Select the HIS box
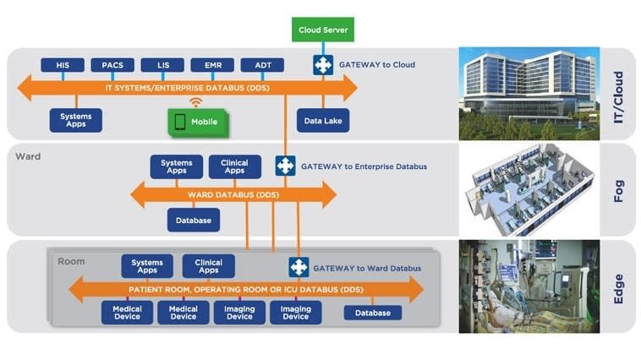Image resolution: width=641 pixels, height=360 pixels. coord(63,65)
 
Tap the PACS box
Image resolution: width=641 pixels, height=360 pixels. coord(112,65)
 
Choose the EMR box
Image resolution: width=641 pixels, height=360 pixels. coord(212,65)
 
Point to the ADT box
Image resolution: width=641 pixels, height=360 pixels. coord(262,65)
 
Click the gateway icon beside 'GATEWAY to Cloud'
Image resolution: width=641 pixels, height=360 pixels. coord(323,64)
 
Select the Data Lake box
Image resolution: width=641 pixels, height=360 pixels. coord(323,121)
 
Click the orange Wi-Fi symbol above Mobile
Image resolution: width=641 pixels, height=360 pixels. coord(196,102)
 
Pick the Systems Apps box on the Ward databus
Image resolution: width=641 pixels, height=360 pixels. coord(176,166)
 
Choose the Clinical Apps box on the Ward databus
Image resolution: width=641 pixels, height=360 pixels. coord(234,166)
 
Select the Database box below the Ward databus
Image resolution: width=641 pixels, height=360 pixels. coord(194,220)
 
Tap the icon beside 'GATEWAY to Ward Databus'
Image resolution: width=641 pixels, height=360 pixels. coord(299,267)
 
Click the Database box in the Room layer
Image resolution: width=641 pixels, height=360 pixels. coord(373,313)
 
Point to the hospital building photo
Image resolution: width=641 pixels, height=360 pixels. coord(529,93)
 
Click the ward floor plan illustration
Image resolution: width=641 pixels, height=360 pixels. coord(529,189)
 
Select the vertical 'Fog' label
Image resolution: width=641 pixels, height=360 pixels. coord(617,189)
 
